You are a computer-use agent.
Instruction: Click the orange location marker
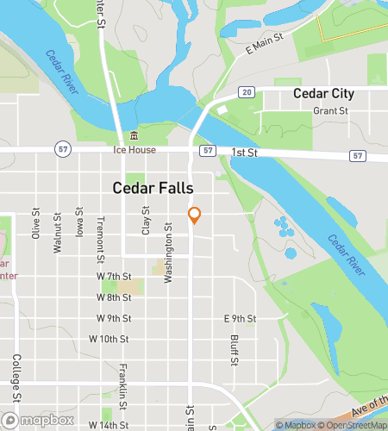pyautogui.click(x=195, y=215)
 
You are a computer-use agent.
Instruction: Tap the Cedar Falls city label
pyautogui.click(x=153, y=188)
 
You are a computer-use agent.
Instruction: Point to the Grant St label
pyautogui.click(x=330, y=111)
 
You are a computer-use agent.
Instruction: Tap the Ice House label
pyautogui.click(x=134, y=150)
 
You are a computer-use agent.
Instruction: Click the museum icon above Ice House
pyautogui.click(x=133, y=136)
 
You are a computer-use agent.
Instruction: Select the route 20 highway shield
pyautogui.click(x=247, y=92)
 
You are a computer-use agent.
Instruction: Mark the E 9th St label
pyautogui.click(x=240, y=318)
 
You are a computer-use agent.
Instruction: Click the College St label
pyautogui.click(x=16, y=378)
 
